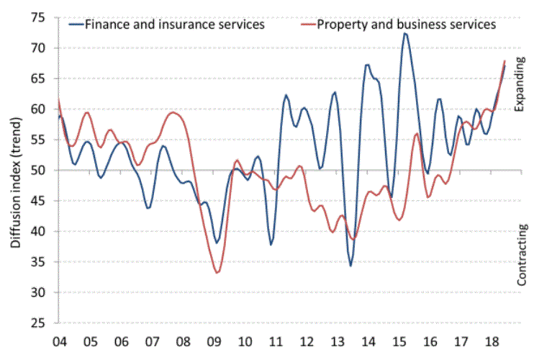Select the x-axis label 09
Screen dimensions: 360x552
214,340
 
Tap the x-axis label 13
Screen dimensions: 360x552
338,340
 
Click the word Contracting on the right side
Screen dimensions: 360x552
522,255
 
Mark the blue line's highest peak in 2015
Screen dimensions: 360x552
405,33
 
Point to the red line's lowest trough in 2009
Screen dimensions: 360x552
217,273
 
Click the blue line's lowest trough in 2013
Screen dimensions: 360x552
351,266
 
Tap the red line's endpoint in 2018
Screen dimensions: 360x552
505,60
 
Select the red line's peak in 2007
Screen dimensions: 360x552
173,112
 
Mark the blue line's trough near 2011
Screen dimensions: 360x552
271,245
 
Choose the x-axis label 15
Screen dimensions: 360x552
400,340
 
